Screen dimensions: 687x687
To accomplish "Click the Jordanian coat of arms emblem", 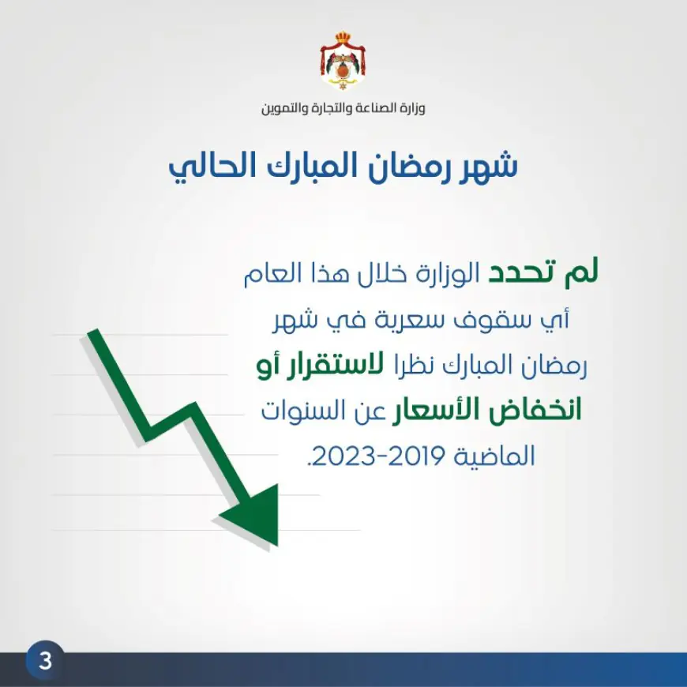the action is point(343,61).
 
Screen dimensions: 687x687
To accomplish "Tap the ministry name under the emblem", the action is point(343,107).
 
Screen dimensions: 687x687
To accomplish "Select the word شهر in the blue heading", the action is point(480,167).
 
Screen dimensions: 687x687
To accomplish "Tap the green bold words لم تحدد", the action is point(542,274).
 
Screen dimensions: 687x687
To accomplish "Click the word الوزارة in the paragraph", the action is point(441,274).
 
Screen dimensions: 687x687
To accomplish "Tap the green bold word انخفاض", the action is point(535,411).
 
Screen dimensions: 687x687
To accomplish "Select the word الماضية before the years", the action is point(494,456).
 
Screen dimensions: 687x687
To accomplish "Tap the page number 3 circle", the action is point(45,660).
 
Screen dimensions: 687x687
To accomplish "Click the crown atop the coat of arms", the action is point(343,36).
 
